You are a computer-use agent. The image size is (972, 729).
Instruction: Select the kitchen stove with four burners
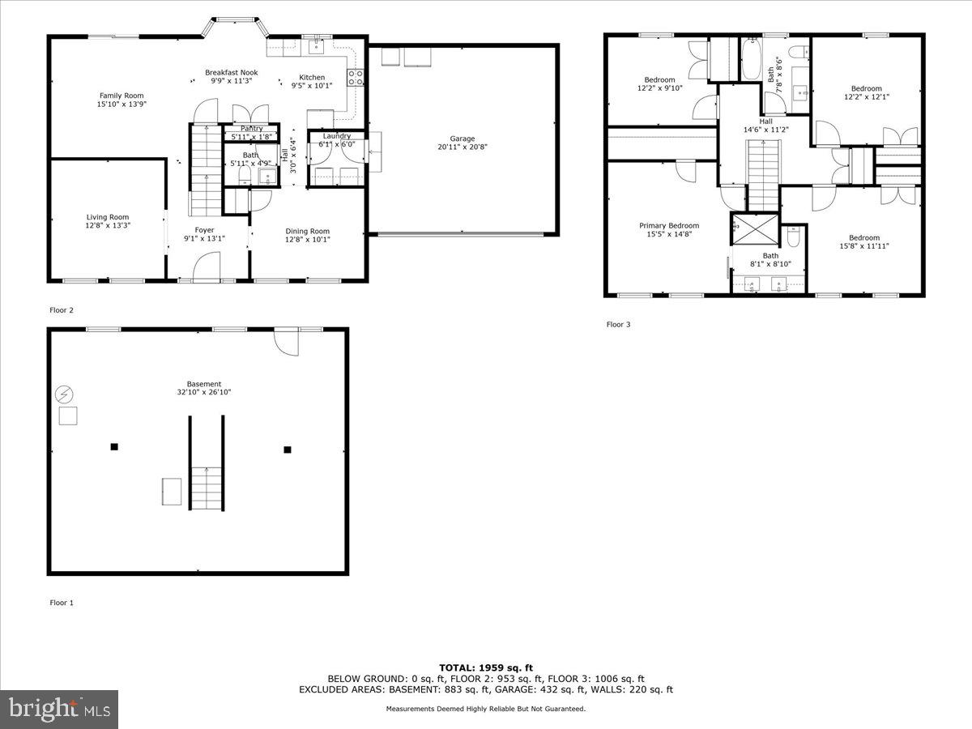[x=355, y=78]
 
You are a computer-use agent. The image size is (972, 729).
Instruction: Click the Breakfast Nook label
[x=231, y=72]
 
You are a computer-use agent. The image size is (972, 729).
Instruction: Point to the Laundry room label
[x=336, y=136]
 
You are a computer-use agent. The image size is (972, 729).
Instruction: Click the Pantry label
[x=251, y=129]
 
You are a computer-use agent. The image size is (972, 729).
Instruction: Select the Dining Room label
[x=307, y=231]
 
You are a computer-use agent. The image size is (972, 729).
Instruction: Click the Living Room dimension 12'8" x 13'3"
[x=108, y=226]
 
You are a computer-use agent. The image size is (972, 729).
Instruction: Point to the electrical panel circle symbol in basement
[x=63, y=394]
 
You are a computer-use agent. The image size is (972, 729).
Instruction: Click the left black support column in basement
[x=114, y=446]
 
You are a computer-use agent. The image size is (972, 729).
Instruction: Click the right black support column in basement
[x=287, y=450]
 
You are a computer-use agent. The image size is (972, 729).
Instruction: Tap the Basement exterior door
[x=285, y=341]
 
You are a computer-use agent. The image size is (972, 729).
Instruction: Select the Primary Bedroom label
[x=668, y=226]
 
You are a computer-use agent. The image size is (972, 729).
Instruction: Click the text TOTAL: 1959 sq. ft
[x=486, y=667]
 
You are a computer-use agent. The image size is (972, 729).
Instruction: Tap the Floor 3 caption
[x=618, y=325]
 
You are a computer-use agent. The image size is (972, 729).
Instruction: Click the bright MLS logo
[x=59, y=710]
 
